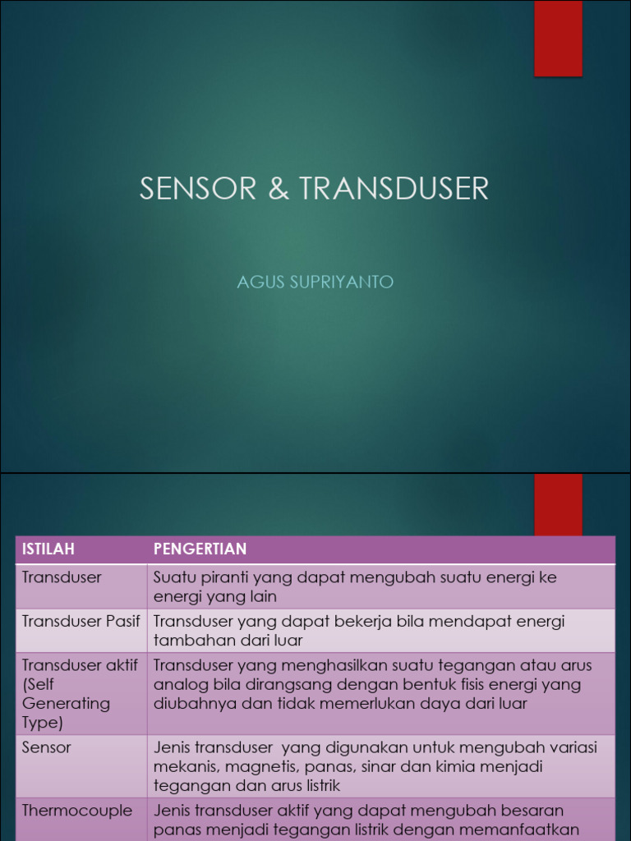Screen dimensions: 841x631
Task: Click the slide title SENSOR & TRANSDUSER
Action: coord(314,189)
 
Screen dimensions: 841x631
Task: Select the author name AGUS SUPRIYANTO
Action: coord(315,283)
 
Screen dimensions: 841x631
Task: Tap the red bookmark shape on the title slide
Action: coord(558,39)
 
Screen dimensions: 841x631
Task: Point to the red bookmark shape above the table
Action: coord(558,503)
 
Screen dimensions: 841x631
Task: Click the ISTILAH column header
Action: coord(48,549)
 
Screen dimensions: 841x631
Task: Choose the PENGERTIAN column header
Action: coord(200,549)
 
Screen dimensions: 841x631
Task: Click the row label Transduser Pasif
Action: coord(81,622)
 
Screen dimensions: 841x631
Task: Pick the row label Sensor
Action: coord(47,747)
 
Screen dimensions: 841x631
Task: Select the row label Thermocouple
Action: coord(77,811)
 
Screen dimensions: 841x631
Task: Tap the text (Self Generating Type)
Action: coord(66,703)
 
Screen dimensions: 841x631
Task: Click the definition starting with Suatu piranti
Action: coord(355,586)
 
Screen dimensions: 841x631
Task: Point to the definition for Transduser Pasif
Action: coord(359,631)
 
